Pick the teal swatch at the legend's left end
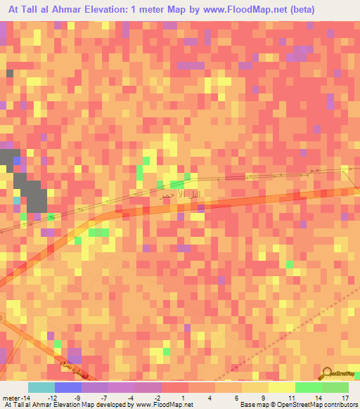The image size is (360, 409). pyautogui.click(x=41, y=387)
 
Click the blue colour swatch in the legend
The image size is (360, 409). pyautogui.click(x=67, y=387)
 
